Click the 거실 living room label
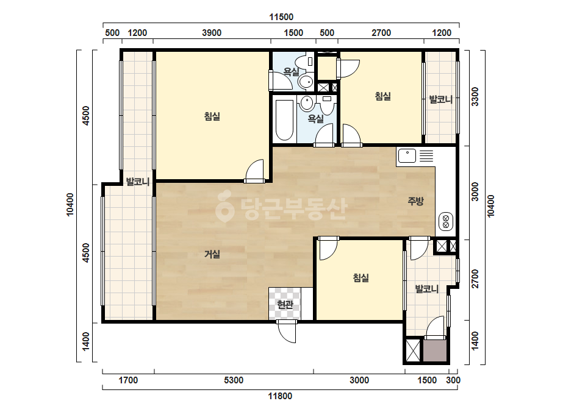[212, 254]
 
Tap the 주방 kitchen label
[416, 201]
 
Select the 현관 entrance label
[285, 305]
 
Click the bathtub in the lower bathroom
[285, 120]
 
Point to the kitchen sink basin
[407, 156]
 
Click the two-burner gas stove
[446, 221]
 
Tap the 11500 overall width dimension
[281, 17]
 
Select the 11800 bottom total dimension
[280, 396]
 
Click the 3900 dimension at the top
[212, 33]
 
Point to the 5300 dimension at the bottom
[234, 380]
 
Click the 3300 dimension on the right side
[475, 96]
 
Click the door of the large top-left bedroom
[255, 171]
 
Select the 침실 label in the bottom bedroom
[361, 277]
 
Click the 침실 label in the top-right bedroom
[382, 96]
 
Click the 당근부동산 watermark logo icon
[224, 207]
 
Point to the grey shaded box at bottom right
[435, 350]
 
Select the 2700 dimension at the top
[381, 33]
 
